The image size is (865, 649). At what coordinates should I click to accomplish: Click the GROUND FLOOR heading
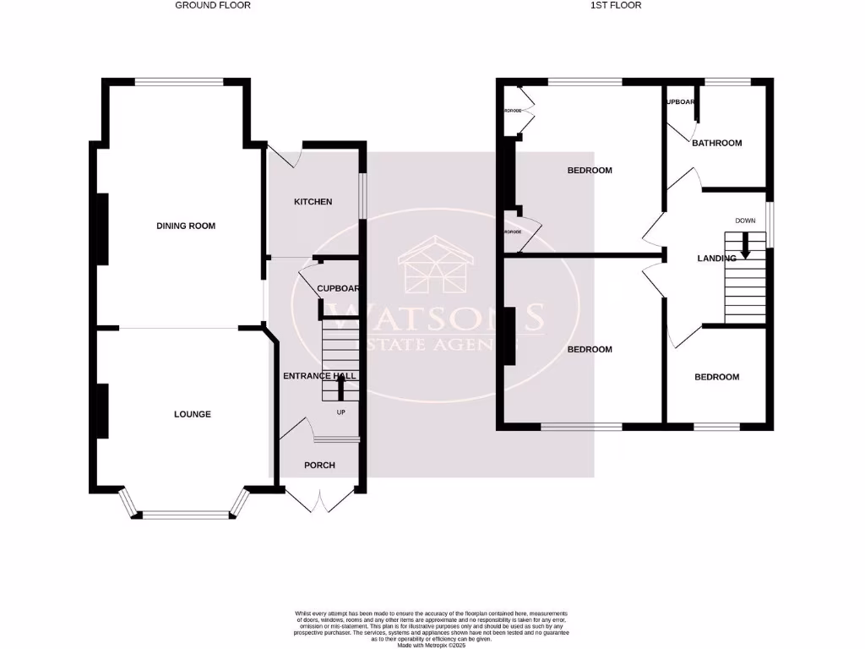click(x=213, y=5)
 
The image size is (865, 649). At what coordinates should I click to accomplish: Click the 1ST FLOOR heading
click(x=616, y=5)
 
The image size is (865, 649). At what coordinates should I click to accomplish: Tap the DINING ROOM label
click(x=186, y=226)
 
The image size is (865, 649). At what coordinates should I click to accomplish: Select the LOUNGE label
click(x=193, y=414)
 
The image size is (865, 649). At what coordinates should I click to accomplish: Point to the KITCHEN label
click(x=313, y=202)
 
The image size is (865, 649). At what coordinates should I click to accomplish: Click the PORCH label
click(x=319, y=466)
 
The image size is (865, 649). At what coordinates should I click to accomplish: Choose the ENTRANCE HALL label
click(x=320, y=376)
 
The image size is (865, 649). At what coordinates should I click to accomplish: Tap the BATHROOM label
click(x=716, y=143)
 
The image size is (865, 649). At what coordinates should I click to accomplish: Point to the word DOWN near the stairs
click(x=745, y=221)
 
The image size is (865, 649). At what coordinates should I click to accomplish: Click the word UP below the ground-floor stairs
click(x=341, y=412)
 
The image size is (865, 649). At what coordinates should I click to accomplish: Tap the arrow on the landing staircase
click(x=745, y=247)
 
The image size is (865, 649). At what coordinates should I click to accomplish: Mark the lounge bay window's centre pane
click(x=185, y=514)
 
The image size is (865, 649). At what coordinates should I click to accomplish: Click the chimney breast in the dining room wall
click(x=102, y=229)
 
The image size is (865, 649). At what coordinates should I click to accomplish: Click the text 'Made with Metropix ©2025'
click(x=432, y=645)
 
